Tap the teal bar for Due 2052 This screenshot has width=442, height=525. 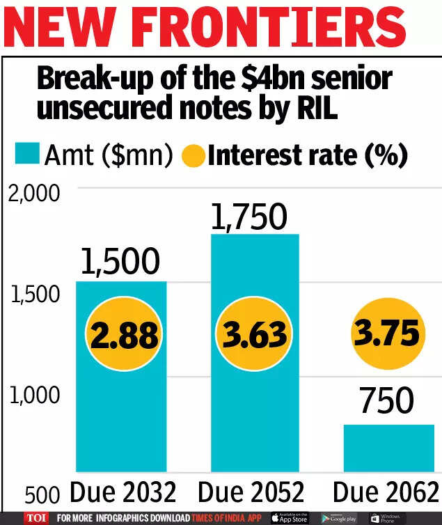tap(255, 404)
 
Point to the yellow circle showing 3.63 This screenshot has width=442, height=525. tap(255, 335)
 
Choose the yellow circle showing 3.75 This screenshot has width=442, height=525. tap(388, 334)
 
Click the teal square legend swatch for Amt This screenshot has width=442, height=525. tap(26, 155)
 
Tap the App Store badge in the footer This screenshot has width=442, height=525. tap(288, 518)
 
